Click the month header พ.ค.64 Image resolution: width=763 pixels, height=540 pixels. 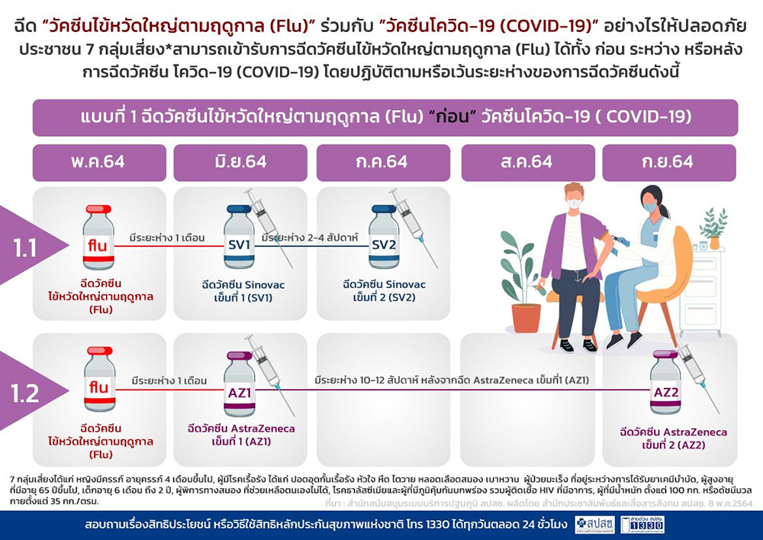click(99, 163)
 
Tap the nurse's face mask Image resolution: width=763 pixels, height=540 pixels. click(649, 207)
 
